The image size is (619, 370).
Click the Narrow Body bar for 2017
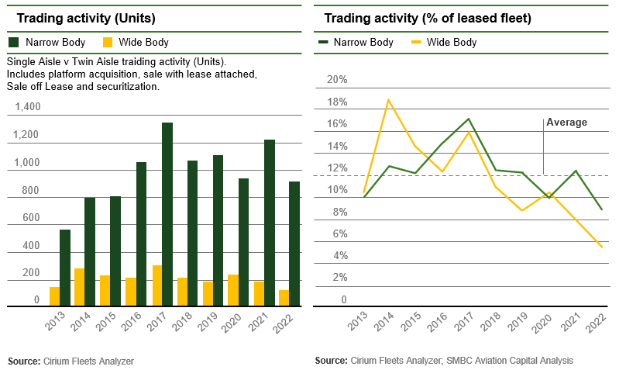tap(167, 214)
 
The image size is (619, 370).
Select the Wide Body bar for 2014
tap(78, 287)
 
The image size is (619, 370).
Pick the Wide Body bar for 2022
tap(284, 298)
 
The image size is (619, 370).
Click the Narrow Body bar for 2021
tap(269, 223)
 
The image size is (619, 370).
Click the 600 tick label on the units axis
tap(30, 218)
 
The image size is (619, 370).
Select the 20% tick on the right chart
tap(338, 80)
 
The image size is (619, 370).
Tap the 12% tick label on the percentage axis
tap(338, 168)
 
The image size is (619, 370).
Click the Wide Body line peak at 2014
tap(388, 100)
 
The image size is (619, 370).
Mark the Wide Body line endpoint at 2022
tap(601, 247)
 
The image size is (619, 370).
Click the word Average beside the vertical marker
tap(566, 123)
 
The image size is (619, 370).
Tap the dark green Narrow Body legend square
tap(13, 42)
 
